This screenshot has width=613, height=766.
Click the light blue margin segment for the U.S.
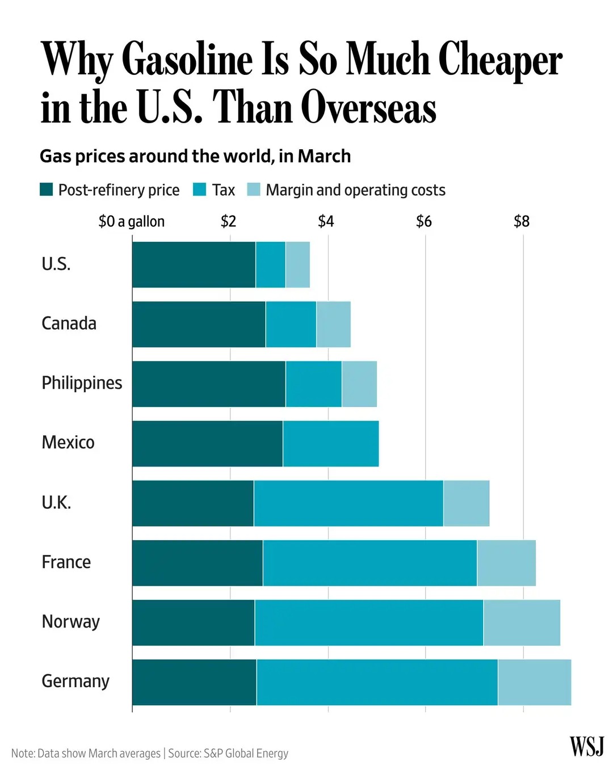coord(297,264)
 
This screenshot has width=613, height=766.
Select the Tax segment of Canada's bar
coord(291,324)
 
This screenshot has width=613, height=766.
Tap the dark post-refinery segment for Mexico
coord(207,444)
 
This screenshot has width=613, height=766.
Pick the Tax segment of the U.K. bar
coord(348,503)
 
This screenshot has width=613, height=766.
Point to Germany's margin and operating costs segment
coord(534,682)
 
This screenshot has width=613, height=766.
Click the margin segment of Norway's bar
coord(522,622)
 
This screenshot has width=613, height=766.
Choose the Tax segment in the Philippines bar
coord(313,384)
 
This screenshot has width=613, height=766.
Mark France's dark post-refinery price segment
coord(198,563)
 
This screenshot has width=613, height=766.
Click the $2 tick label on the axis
coord(228,221)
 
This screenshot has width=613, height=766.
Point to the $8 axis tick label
coord(521,221)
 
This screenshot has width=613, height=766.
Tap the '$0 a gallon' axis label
coord(132,221)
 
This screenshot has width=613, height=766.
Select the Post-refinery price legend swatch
coord(46,190)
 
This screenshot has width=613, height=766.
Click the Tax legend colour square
coord(199,190)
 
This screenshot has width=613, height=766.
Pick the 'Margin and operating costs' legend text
coord(355,190)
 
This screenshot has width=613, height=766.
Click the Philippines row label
coord(82,383)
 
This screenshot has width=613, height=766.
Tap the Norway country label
coord(70,622)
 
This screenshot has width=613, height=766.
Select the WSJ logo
coord(586,746)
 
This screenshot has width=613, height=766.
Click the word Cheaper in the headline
coord(500,60)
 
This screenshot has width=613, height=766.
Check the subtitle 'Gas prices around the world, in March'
coord(195,156)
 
